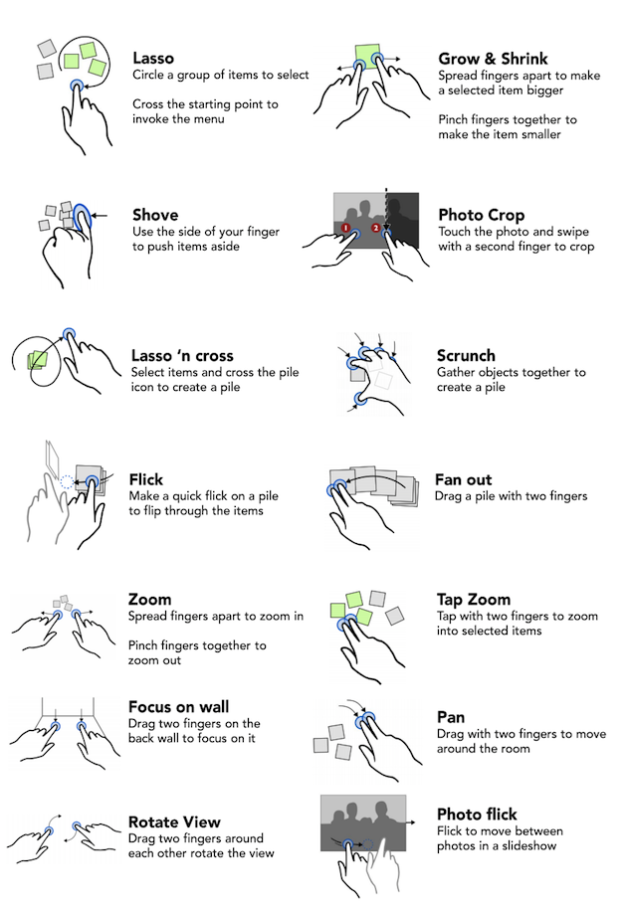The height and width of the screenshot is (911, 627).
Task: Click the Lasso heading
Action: [153, 58]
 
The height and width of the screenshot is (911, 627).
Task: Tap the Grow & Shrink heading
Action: [493, 59]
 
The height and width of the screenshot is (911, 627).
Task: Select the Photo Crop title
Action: [482, 215]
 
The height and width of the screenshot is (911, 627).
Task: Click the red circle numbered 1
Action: [345, 229]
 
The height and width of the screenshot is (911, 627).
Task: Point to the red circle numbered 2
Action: [376, 228]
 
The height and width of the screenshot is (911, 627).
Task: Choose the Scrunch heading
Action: [466, 356]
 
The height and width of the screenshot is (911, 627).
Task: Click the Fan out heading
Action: [463, 480]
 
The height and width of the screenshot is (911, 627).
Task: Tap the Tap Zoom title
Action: [474, 600]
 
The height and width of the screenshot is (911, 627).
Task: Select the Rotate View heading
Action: [174, 822]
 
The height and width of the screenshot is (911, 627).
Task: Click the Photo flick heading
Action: [477, 814]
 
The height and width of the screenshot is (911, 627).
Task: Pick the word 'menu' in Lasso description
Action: [209, 119]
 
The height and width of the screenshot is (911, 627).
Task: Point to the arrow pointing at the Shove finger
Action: [101, 216]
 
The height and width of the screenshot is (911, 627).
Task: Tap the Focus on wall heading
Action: [178, 706]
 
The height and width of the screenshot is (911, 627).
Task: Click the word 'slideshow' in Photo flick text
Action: [529, 846]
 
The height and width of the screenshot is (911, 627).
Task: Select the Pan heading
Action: [451, 717]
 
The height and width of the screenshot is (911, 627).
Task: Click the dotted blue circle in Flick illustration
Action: [67, 481]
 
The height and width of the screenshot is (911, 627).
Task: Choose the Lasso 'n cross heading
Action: [182, 356]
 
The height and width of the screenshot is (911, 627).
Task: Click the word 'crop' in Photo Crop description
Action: [582, 248]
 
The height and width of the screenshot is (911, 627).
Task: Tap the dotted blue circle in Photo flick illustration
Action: [367, 844]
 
